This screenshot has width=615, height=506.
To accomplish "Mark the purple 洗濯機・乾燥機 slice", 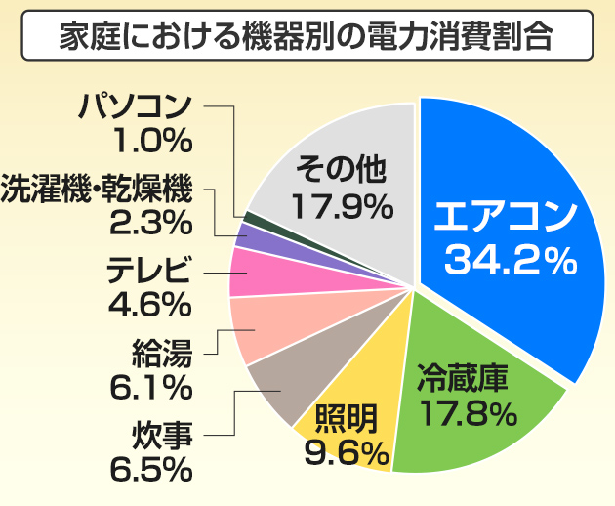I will [x=253, y=234].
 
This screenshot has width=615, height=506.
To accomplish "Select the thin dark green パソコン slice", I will [x=250, y=216].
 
